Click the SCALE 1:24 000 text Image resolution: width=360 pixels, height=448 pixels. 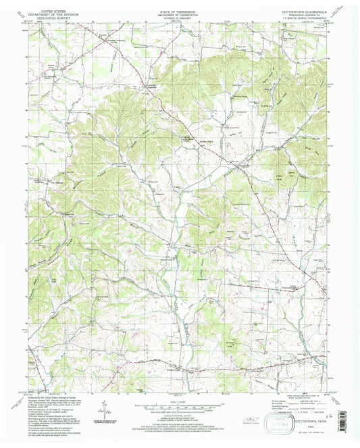click(x=176, y=403)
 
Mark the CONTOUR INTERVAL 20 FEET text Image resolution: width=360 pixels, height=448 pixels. click(x=177, y=416)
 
